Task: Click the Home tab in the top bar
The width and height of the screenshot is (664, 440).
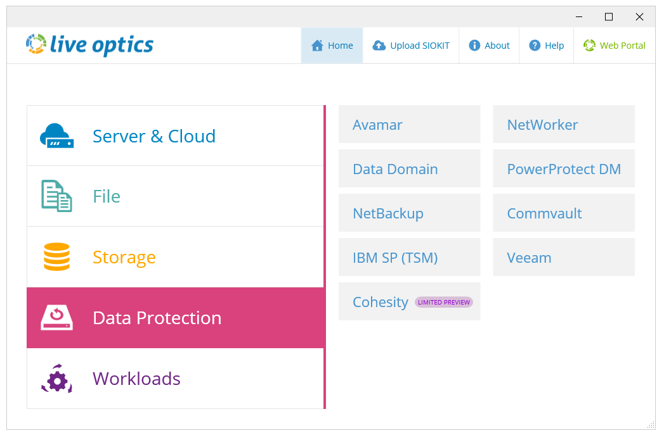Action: coord(332,46)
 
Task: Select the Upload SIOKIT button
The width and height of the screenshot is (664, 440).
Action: coord(411,46)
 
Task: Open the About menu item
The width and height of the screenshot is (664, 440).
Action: coord(489,46)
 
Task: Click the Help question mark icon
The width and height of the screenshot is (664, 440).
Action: coord(535,45)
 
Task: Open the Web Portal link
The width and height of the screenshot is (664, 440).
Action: coord(614,46)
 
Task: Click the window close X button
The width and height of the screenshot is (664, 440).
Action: coord(639,17)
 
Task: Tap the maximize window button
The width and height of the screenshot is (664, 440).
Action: coord(609,17)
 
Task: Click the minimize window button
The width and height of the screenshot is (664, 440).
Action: coord(579,17)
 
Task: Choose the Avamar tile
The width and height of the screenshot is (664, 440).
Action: coord(410,124)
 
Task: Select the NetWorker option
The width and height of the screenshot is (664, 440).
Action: coord(564,124)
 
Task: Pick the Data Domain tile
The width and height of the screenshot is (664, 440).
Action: coord(410,168)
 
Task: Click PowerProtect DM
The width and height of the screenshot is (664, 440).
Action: coord(564,168)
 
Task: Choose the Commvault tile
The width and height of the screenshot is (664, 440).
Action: coord(564,213)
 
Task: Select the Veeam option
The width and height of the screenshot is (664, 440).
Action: coord(564,258)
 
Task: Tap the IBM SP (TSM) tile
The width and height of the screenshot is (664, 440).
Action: coord(410,258)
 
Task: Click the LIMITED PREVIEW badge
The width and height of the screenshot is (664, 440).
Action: coord(444,302)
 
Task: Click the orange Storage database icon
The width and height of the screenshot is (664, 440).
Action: coord(56,256)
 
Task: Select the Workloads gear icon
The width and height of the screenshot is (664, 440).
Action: coord(56,379)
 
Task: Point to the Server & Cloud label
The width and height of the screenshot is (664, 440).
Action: coord(154,136)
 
